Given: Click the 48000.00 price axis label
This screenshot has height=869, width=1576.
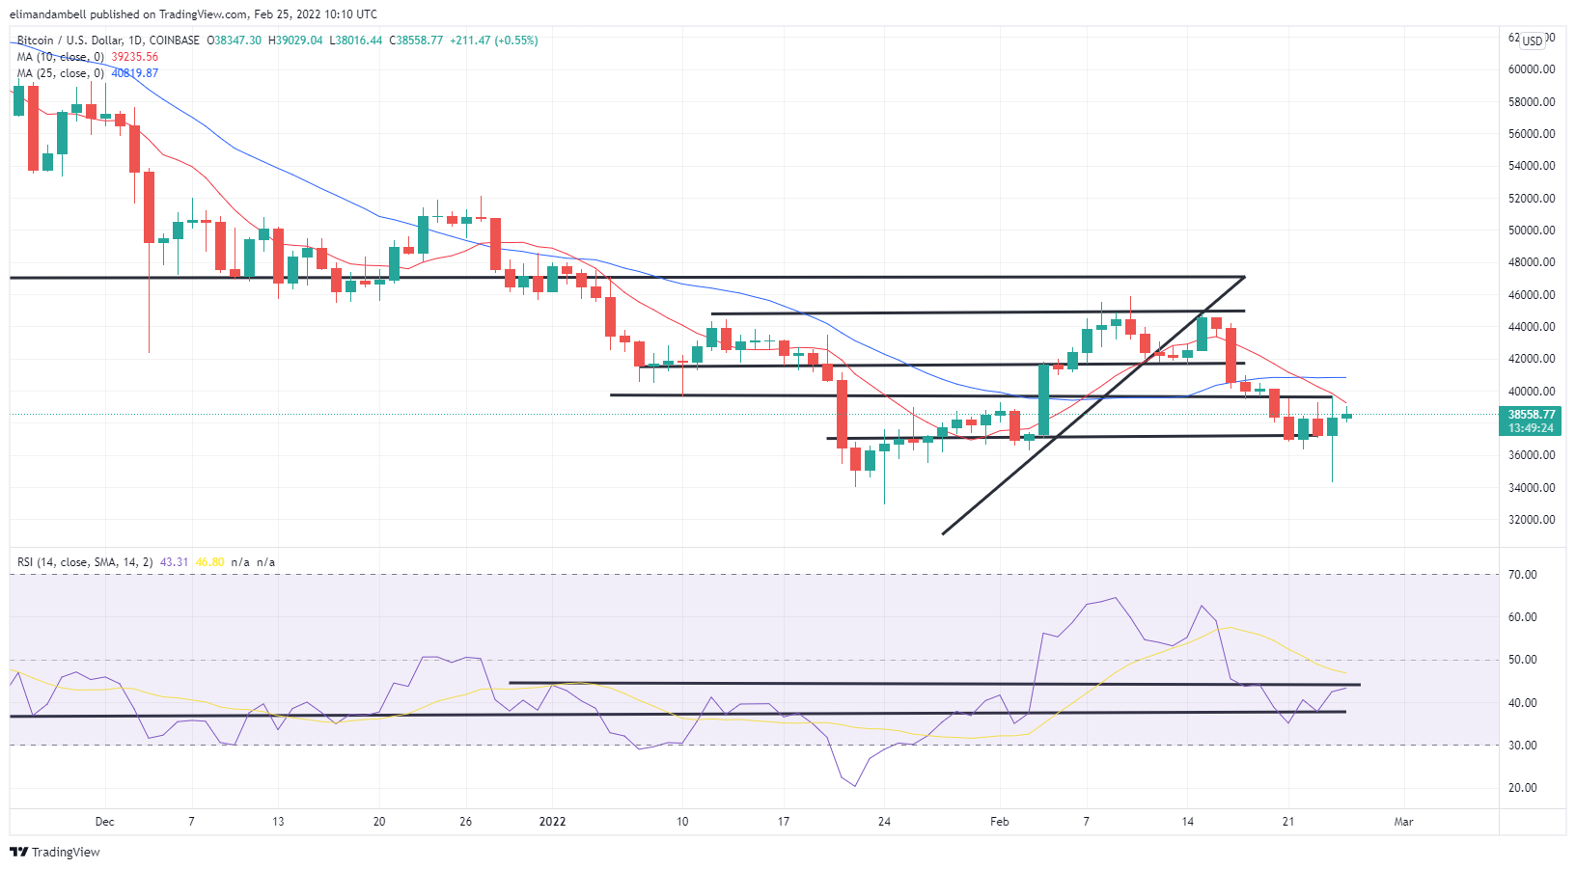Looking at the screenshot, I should click(x=1532, y=262).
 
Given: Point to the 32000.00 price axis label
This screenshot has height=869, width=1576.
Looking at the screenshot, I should click(x=1532, y=520).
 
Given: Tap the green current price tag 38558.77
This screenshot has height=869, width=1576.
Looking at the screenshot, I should click(x=1532, y=415).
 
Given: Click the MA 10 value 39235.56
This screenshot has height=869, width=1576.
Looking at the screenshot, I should click(x=135, y=57).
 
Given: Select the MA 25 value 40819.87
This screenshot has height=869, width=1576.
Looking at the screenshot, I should click(x=135, y=73).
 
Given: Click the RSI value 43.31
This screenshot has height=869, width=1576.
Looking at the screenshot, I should click(x=174, y=562).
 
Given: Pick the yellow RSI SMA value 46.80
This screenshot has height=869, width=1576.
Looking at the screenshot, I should click(x=209, y=562).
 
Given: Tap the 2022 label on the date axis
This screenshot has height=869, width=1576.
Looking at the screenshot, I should click(x=552, y=822).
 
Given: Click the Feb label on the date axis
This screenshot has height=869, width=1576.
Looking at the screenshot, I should click(x=999, y=822).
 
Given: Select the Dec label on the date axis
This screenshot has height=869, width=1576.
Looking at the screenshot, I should click(x=104, y=822).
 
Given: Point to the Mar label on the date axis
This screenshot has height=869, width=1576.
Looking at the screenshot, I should click(x=1403, y=822).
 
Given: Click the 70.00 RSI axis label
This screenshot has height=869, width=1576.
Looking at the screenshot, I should click(x=1523, y=575).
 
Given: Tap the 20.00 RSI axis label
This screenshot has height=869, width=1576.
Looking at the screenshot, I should click(x=1523, y=788).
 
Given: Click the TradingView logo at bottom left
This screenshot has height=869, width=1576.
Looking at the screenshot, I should click(x=55, y=853).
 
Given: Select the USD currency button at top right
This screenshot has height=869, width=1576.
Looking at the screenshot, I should click(x=1533, y=41).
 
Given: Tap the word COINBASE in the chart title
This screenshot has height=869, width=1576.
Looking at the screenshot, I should click(x=175, y=41).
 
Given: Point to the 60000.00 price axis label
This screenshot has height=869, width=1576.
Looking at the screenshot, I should click(x=1532, y=69).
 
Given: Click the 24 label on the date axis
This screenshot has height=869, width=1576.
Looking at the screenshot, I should click(x=884, y=822).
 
